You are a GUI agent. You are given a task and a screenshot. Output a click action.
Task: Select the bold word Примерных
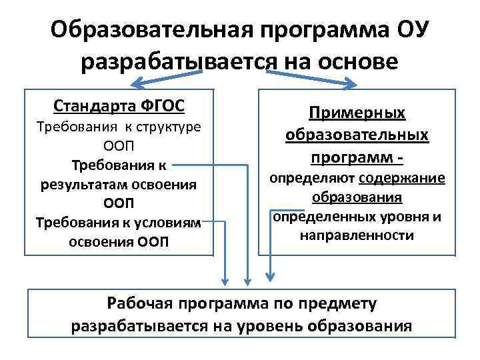coord(357,113)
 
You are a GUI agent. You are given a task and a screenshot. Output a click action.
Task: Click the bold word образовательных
coord(357,135)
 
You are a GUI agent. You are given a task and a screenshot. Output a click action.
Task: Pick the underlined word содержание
coord(402,178)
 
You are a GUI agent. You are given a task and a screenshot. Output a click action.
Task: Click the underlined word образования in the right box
coord(357,197)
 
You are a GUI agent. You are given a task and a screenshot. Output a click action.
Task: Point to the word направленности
coord(357,235)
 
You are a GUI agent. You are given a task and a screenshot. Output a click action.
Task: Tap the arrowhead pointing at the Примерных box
coord(353,85)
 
